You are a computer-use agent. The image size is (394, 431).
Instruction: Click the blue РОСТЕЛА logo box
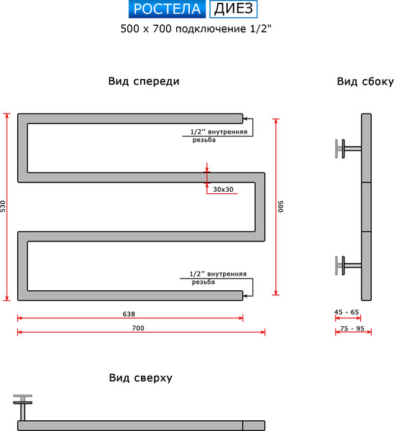point(168,9)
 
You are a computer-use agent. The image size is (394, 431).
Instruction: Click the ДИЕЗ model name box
point(232,9)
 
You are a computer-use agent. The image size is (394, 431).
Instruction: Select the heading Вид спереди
point(144,81)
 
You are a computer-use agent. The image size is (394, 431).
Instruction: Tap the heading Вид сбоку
point(365,81)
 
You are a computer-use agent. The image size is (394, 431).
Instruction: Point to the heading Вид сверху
point(140,378)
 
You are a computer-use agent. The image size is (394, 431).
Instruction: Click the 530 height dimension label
point(4,206)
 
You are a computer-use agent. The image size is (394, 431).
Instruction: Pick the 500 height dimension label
point(282,206)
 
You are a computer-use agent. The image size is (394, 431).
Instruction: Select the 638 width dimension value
point(129,314)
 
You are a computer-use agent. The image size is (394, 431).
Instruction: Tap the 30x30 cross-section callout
point(224,189)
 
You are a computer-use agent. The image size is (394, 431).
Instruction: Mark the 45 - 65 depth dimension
point(347,312)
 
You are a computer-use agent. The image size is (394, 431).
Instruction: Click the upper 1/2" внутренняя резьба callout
point(219,136)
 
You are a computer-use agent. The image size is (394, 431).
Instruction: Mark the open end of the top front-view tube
point(241,118)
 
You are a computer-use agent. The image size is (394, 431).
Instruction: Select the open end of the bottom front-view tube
point(241,295)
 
